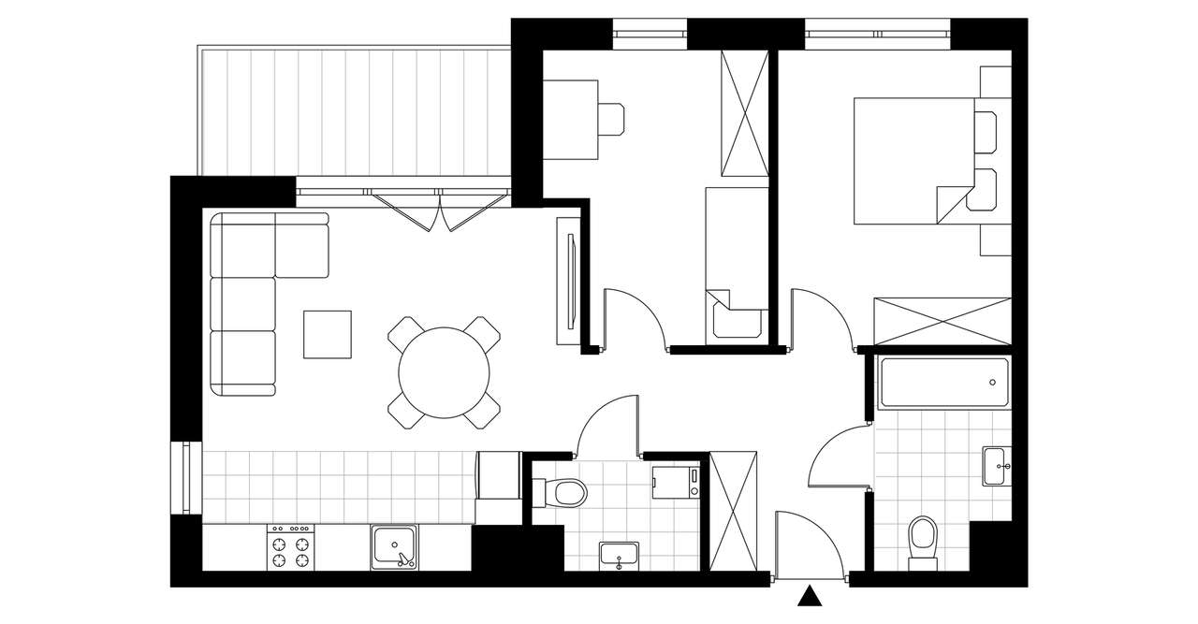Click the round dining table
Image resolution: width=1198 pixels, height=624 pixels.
(445, 373)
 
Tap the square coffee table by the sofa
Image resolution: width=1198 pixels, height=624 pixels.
(328, 334)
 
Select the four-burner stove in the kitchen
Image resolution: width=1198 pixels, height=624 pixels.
(290, 547)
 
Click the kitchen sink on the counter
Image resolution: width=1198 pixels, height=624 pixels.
(395, 547)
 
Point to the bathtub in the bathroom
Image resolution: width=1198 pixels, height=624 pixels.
(943, 383)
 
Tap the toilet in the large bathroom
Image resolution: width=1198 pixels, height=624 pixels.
(923, 541)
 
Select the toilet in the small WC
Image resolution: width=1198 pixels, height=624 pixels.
(562, 491)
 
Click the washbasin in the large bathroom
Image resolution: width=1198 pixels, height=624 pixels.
(997, 465)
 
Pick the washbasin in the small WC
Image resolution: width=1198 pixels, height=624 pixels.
(619, 554)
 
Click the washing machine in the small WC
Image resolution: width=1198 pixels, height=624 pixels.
(675, 481)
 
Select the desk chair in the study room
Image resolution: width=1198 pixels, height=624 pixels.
(612, 121)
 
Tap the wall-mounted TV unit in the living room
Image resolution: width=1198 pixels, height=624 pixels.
(569, 281)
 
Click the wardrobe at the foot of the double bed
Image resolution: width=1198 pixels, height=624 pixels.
(942, 323)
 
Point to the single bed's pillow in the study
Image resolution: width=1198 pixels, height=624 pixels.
(734, 316)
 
